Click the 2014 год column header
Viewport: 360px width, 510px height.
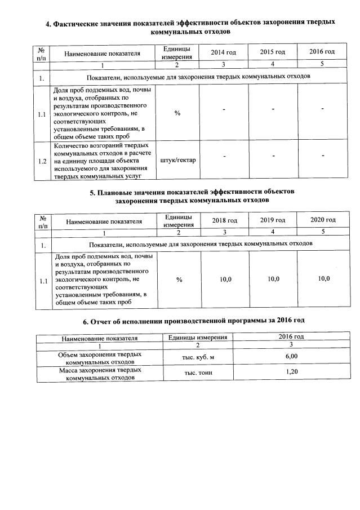pos(223,52)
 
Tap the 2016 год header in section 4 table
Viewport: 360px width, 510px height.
pos(322,52)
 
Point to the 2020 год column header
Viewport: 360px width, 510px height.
pos(323,220)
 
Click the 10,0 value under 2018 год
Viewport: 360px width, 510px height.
pos(225,280)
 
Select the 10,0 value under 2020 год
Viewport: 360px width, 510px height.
pos(323,279)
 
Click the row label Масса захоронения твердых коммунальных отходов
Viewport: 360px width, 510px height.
pos(100,374)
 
